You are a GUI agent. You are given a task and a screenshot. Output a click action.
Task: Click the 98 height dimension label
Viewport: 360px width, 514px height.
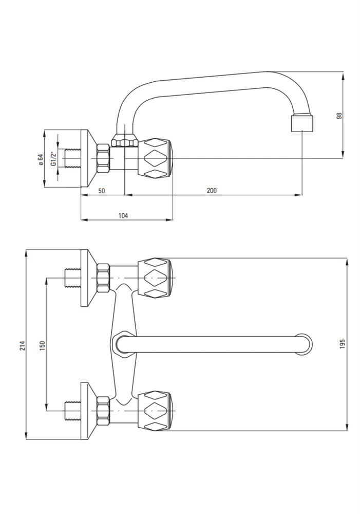click(339, 115)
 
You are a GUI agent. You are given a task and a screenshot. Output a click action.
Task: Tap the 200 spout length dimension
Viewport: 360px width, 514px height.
click(212, 191)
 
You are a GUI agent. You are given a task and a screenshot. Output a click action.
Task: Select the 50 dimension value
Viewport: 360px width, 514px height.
click(102, 191)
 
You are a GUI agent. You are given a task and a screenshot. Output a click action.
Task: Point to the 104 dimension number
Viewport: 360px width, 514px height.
click(123, 215)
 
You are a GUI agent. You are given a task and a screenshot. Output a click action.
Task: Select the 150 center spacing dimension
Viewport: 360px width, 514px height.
click(42, 346)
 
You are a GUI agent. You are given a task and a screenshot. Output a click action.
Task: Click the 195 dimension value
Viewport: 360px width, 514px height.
click(343, 343)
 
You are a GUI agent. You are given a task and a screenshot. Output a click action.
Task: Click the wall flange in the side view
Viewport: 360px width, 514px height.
click(88, 158)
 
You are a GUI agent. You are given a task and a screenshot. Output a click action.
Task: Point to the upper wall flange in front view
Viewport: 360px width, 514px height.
click(88, 278)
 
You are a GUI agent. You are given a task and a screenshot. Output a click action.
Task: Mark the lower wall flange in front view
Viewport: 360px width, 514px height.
click(88, 411)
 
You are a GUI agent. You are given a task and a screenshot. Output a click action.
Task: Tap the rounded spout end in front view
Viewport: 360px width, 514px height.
click(305, 344)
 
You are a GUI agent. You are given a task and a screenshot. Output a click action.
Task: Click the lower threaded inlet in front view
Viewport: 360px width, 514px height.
click(73, 411)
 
